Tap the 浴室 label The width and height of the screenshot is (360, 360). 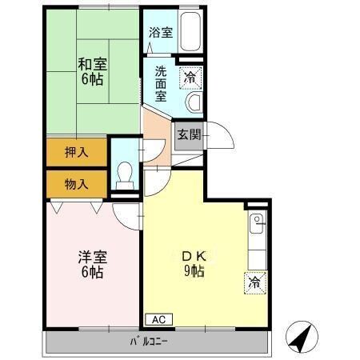point(160,33)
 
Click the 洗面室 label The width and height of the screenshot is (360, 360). point(160,83)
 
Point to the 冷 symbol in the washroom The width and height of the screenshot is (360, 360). point(190,78)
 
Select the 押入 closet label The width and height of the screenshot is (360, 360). point(77,151)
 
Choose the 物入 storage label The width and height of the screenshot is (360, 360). point(77,183)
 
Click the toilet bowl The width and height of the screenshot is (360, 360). point(124,174)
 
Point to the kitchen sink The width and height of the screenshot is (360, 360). point(257,223)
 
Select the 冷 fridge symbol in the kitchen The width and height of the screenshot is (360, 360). point(254,282)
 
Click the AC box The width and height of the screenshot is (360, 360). point(158,319)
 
